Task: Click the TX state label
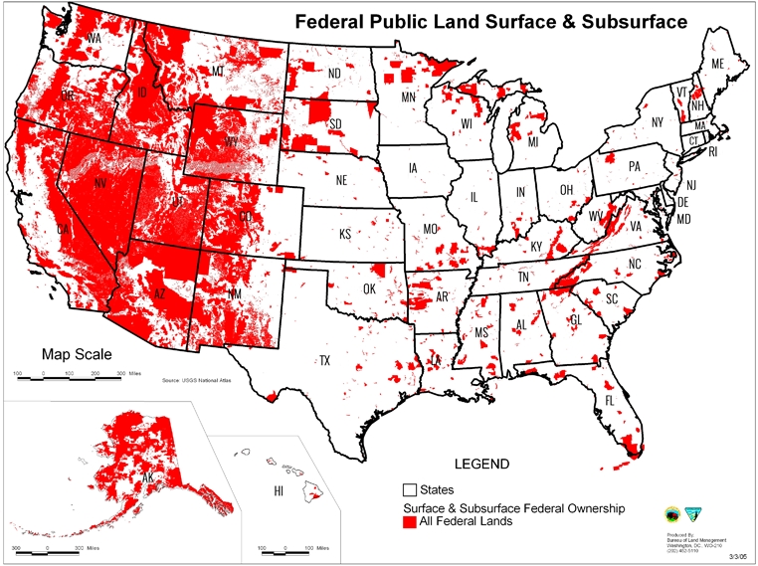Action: click(x=324, y=360)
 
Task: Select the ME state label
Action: click(x=716, y=65)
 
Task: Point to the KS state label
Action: click(x=345, y=235)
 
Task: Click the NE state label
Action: click(x=340, y=181)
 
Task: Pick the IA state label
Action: click(x=413, y=169)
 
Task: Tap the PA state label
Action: click(x=635, y=167)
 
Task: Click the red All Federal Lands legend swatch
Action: click(x=408, y=521)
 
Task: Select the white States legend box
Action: click(x=408, y=489)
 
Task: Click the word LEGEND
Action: click(x=481, y=465)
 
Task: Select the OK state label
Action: click(x=369, y=289)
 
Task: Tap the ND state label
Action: click(x=334, y=73)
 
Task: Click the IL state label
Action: click(x=474, y=197)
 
